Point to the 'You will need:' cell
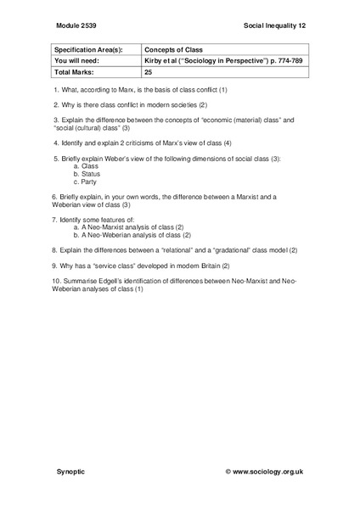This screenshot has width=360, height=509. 75,61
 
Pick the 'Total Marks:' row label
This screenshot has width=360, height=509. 72,73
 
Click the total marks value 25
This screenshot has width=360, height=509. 148,73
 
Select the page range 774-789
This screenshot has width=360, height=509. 284,61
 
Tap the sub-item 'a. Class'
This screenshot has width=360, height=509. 86,166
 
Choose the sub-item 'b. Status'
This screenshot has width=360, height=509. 87,174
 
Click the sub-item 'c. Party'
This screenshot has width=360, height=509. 87,182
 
